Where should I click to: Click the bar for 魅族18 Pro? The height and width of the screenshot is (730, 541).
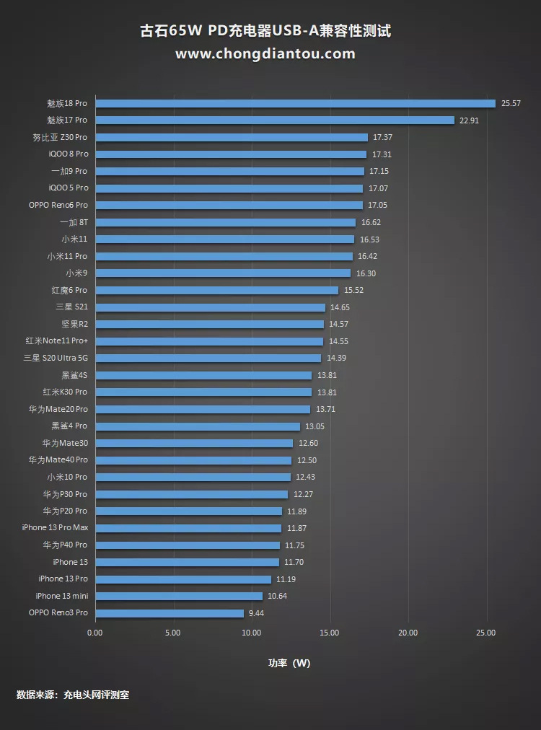click(295, 103)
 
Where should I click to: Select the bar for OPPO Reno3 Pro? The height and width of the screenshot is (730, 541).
click(170, 613)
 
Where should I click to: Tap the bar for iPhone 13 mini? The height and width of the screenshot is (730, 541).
click(179, 596)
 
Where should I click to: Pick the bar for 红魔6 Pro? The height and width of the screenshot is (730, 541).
click(216, 290)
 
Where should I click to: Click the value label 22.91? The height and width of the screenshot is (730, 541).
click(469, 120)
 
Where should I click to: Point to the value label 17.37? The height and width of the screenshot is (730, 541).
click(382, 137)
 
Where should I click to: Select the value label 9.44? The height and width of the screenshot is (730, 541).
click(259, 613)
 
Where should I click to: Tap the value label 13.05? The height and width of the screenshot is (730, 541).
click(315, 426)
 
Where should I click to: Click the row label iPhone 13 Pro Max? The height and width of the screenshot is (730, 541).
click(55, 528)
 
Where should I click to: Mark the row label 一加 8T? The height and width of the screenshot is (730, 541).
click(74, 222)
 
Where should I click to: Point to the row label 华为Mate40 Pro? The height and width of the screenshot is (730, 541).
click(58, 460)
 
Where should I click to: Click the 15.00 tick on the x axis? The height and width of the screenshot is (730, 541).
click(330, 633)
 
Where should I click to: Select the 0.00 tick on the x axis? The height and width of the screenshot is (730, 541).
click(95, 633)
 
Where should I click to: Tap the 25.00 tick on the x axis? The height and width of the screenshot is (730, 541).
click(486, 633)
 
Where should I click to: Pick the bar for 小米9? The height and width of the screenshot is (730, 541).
click(223, 273)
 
